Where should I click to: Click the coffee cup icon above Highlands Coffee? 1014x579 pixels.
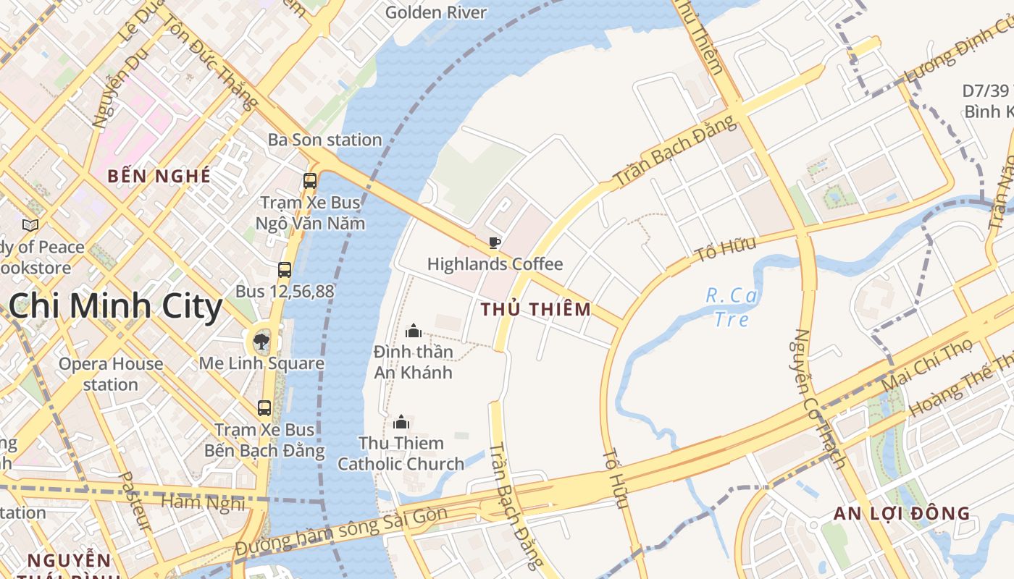pos(495,242)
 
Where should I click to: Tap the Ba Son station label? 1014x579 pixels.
pos(324,140)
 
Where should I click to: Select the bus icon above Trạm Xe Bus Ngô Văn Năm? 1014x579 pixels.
pos(310,181)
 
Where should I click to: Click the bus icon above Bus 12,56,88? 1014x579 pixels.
pos(285,270)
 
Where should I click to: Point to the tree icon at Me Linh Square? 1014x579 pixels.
pos(261,341)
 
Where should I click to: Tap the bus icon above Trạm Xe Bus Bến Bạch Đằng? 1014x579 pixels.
pos(264,407)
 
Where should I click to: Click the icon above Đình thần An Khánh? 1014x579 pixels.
pos(414,331)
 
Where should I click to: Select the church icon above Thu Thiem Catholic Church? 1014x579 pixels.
pos(401,422)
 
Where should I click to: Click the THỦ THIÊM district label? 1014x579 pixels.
pos(535,310)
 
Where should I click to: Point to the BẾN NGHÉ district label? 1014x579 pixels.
pos(159,176)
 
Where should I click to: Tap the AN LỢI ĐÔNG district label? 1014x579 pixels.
pos(901,514)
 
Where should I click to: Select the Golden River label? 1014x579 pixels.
pos(436,12)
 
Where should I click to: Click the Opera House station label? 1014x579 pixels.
pos(110,373)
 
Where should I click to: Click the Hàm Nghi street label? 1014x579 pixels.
pos(203,502)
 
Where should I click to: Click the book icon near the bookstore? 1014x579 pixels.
pos(30,226)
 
